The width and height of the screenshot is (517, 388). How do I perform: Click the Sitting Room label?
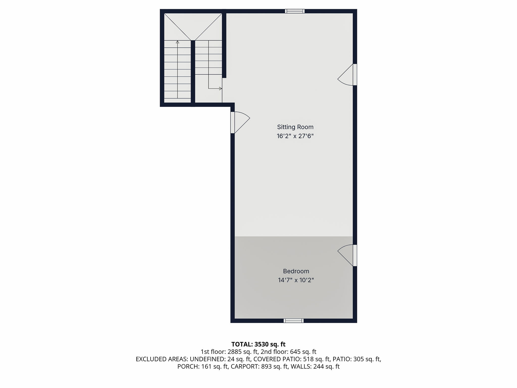coord(295,127)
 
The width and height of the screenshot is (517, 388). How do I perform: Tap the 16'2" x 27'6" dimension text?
coord(295,136)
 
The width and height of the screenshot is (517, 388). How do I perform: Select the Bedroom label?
coord(296,271)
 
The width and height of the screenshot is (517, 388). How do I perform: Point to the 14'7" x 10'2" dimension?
coord(296,280)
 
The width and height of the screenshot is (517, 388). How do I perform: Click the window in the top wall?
coord(295,11)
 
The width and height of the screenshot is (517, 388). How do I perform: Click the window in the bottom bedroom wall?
coord(293,321)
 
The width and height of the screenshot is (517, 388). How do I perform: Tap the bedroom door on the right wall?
coord(355,255)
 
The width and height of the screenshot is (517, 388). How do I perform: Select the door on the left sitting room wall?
coord(233,123)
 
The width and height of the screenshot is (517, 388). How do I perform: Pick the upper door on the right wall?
coord(355,75)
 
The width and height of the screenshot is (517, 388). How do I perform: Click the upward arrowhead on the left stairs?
coord(177,42)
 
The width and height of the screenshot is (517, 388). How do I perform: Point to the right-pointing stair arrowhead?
coord(220,89)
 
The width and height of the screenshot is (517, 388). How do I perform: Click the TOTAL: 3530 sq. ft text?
coord(258,344)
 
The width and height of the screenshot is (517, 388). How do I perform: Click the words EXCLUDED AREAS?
coord(162,359)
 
